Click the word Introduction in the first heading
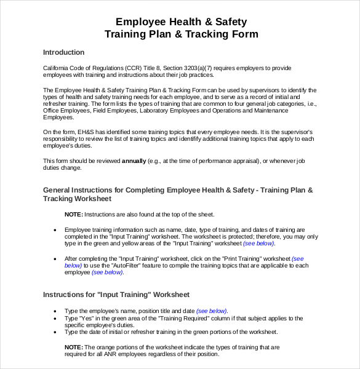click(x=63, y=52)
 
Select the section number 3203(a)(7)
click(x=184, y=68)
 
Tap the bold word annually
click(x=134, y=161)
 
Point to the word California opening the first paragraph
click(x=57, y=68)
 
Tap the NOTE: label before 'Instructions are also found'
click(x=73, y=215)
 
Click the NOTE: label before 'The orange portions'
click(x=73, y=347)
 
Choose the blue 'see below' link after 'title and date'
click(x=211, y=311)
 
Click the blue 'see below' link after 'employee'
click(x=107, y=272)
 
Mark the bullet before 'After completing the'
click(x=55, y=259)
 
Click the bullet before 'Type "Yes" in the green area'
click(x=55, y=319)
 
